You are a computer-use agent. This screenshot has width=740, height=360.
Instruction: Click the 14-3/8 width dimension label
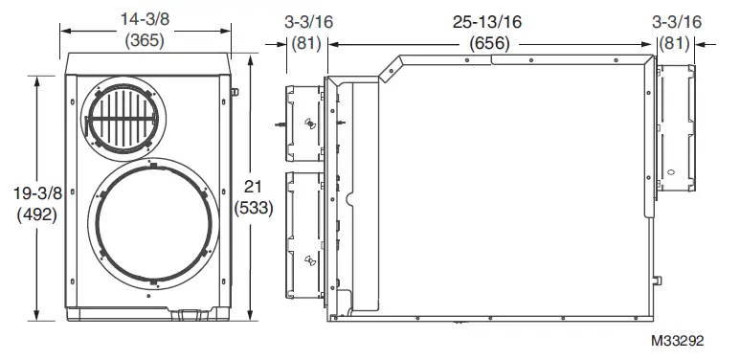[145, 20]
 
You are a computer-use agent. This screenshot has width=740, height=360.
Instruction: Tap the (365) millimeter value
[145, 40]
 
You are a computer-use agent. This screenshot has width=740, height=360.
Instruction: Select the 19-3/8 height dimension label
[37, 193]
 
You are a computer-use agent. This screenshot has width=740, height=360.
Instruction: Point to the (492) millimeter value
[36, 214]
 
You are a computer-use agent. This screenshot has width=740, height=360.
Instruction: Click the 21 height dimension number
[253, 187]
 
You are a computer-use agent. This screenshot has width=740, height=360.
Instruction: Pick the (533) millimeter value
[254, 208]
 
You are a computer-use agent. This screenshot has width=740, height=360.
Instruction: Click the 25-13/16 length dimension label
[487, 22]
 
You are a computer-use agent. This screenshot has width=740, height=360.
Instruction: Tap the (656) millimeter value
[489, 43]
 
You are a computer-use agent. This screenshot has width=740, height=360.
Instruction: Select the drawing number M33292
[677, 341]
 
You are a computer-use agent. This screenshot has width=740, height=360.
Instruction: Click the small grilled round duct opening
[123, 119]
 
